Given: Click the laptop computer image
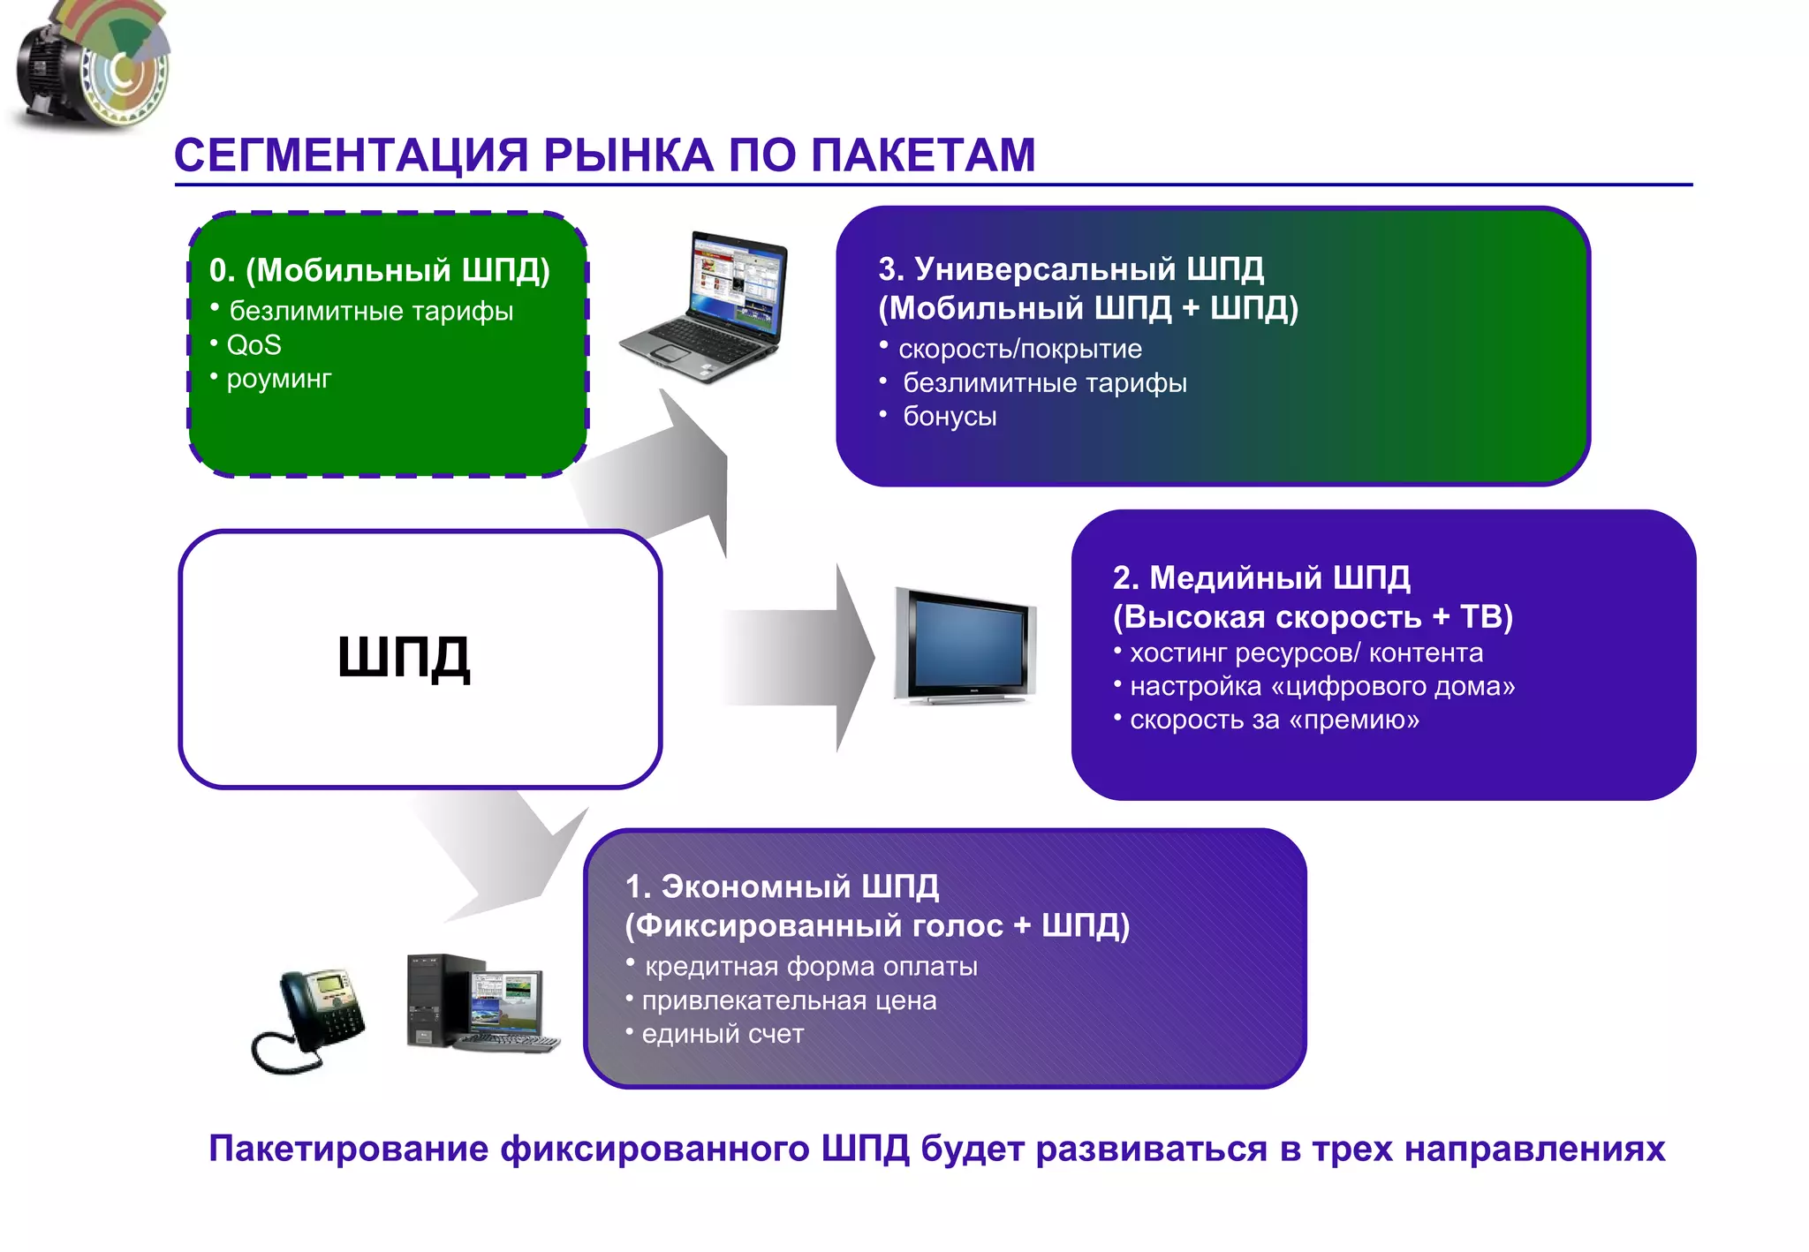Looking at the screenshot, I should point(704,307).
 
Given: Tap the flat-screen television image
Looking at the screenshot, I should point(965,646).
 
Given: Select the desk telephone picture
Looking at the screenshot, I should point(309,1020).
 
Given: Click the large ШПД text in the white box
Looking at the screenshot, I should point(404,658).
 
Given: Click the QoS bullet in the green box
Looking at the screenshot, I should point(254,345).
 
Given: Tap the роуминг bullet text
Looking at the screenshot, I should point(278,379).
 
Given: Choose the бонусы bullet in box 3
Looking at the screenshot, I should point(950,417).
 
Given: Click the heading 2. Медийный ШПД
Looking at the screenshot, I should point(1261,577).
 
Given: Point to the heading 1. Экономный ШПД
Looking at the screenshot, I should point(782,886).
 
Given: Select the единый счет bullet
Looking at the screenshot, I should point(722,1034).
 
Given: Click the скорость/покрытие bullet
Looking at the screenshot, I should point(1019,350).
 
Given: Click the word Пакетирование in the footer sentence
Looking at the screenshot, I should point(348,1149).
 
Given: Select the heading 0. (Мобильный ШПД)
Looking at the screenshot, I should point(379,270).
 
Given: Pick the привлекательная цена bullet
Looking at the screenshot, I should point(788,1000).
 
